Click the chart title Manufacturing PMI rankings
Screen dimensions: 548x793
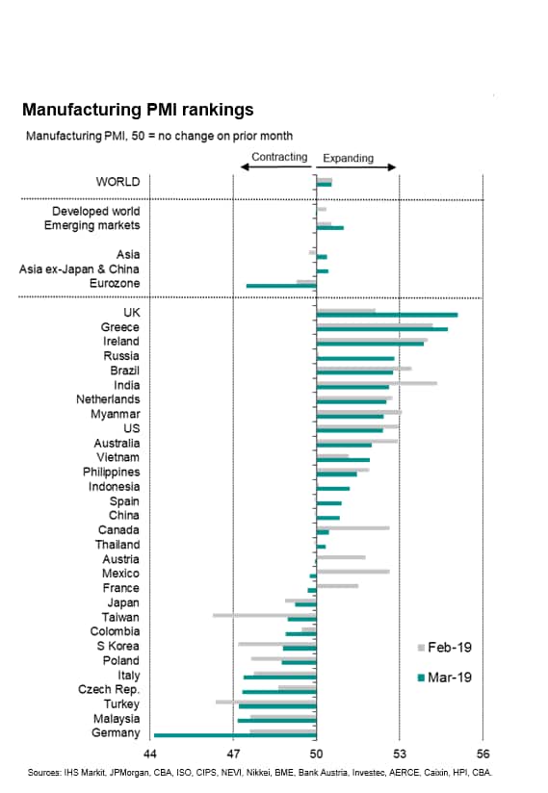(x=138, y=110)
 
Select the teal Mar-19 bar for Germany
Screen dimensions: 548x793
(x=235, y=735)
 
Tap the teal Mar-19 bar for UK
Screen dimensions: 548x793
(x=387, y=315)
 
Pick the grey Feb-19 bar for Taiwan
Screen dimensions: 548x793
(x=265, y=616)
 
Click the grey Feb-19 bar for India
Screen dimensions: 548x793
(x=377, y=383)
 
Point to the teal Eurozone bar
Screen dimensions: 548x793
(x=281, y=286)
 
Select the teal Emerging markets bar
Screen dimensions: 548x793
(x=330, y=228)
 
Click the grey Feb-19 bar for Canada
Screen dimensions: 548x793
(x=352, y=528)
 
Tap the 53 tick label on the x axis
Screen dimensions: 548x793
(x=400, y=755)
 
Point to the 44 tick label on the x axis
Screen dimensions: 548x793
(x=150, y=755)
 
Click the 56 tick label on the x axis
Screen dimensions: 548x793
(x=483, y=755)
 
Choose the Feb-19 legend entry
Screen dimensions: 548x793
(x=444, y=648)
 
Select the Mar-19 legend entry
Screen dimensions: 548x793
(x=444, y=678)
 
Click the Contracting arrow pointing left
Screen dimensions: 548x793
(x=275, y=166)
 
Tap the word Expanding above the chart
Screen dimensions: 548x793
(x=348, y=158)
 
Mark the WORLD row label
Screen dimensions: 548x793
(x=117, y=182)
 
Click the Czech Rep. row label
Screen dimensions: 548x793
(x=109, y=690)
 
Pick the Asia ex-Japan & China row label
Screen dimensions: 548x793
(x=79, y=269)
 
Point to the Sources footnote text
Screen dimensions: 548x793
(x=260, y=773)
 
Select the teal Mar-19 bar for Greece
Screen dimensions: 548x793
(x=382, y=329)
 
